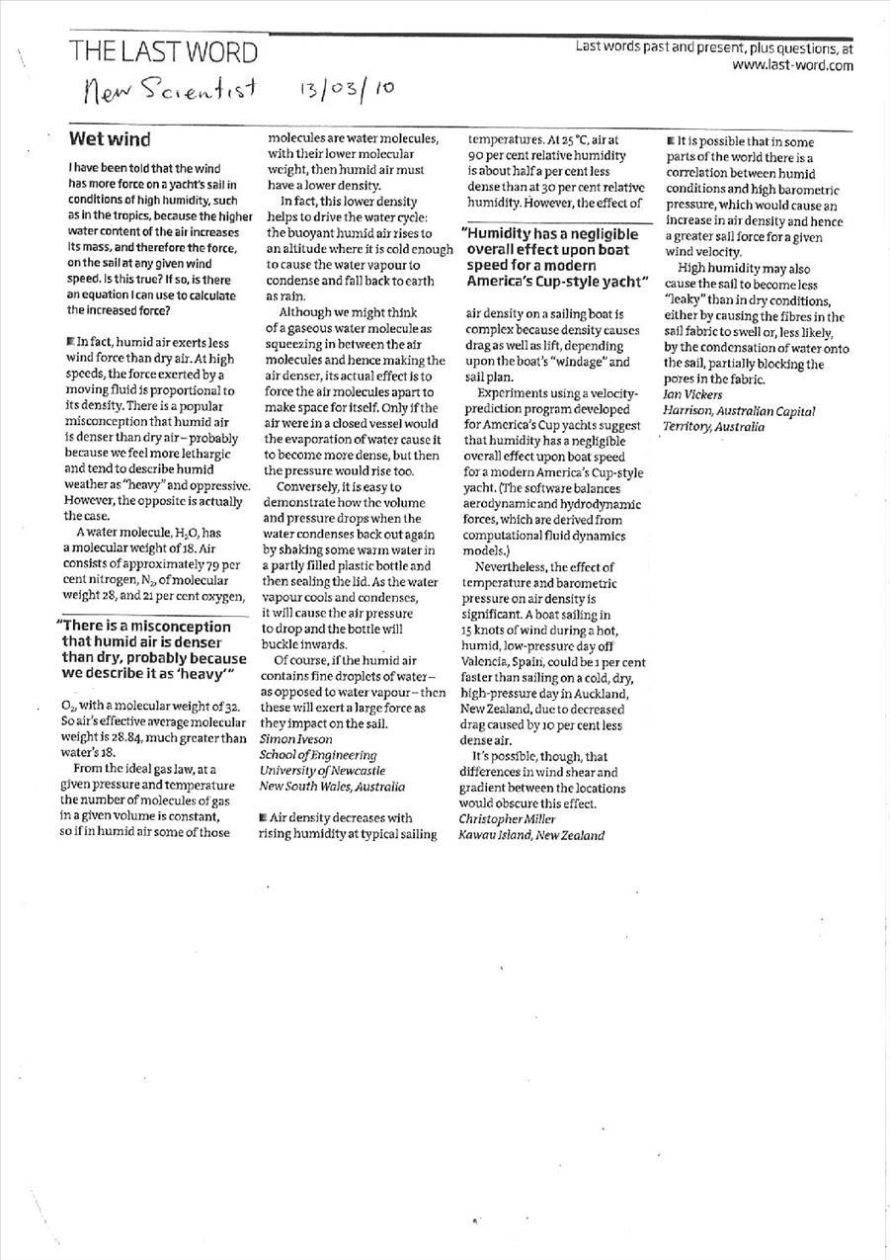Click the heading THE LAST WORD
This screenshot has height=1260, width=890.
point(164,52)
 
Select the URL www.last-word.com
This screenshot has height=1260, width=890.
point(792,66)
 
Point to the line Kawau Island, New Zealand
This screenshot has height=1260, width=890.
point(531,835)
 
